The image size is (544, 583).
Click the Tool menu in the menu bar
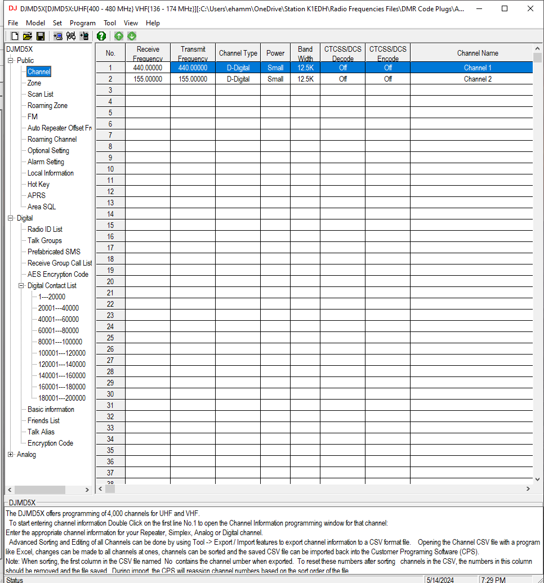[110, 23]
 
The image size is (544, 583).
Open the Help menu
[153, 23]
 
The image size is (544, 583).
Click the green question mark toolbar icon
[101, 36]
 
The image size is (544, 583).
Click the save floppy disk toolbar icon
[41, 36]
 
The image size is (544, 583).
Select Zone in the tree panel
[34, 83]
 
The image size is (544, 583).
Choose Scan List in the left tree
[41, 94]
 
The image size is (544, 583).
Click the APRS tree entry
[37, 195]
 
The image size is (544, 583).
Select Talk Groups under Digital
[44, 240]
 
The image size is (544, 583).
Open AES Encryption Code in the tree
[58, 274]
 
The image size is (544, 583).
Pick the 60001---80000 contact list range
[59, 330]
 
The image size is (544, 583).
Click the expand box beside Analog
[11, 454]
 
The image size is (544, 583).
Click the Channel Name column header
[478, 53]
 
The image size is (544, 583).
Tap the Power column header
[275, 53]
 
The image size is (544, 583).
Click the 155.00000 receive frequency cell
[148, 79]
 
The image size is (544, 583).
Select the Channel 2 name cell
[478, 79]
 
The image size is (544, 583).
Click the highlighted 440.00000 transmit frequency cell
[193, 68]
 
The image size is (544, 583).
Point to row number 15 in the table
[110, 226]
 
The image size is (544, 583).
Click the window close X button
[530, 8]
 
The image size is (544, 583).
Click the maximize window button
[505, 8]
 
